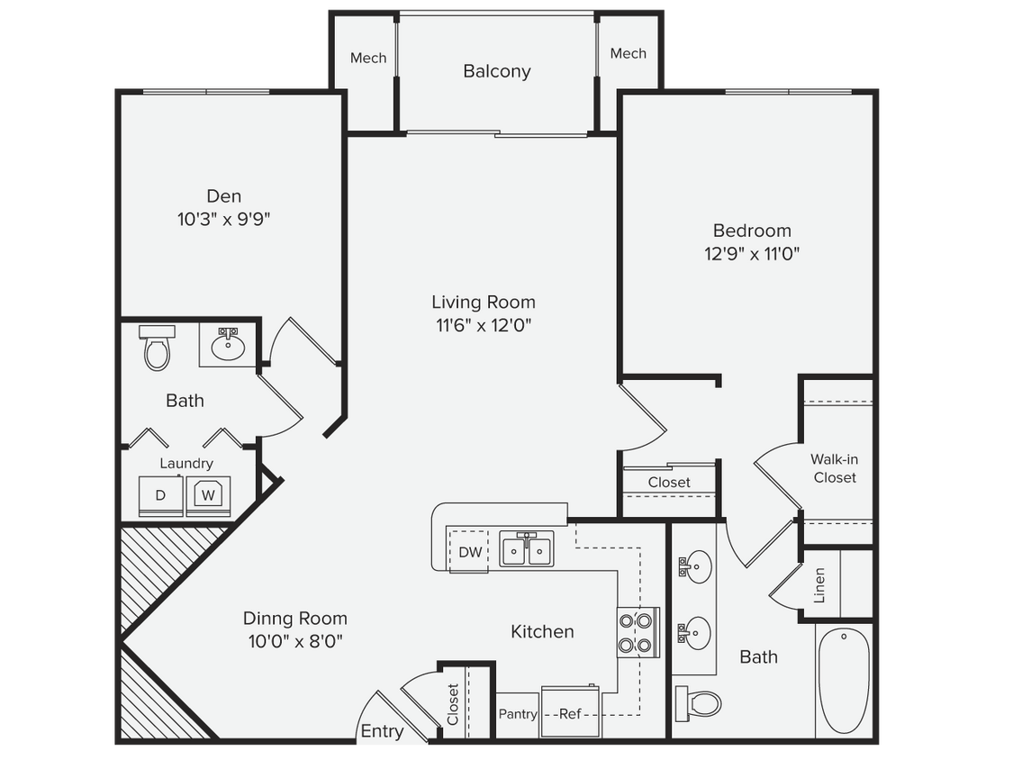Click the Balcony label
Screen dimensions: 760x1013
pos(497,71)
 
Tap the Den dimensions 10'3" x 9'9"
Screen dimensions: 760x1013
pos(224,219)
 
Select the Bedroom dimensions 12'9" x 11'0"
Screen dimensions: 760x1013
pos(752,254)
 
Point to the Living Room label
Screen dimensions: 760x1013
pos(483,303)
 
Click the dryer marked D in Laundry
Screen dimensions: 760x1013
pos(160,496)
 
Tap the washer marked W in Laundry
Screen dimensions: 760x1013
pos(208,495)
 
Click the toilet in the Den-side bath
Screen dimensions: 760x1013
pos(157,348)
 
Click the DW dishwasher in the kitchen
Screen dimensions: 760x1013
pos(470,552)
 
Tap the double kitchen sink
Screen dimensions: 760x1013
pos(527,550)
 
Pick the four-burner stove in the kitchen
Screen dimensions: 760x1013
pos(638,631)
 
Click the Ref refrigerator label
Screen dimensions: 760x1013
pos(570,714)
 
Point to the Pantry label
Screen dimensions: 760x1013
pos(518,714)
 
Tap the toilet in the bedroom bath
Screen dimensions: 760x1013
pos(699,701)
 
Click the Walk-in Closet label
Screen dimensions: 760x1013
pos(835,468)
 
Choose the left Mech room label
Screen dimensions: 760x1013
pos(368,58)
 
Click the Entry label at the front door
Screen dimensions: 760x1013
pos(382,731)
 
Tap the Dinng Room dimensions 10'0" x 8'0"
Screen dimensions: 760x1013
pos(295,641)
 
